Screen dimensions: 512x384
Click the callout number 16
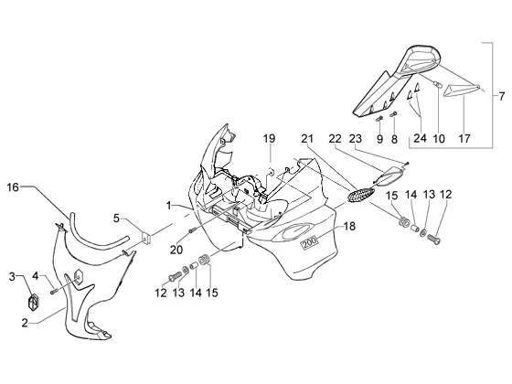[13, 187]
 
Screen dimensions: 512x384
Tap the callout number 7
[502, 97]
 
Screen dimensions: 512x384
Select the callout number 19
[270, 138]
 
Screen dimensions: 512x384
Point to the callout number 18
[349, 226]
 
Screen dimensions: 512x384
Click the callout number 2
[25, 324]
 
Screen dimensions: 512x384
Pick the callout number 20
[176, 250]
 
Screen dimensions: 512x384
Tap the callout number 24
[420, 138]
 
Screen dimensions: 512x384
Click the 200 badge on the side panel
[309, 242]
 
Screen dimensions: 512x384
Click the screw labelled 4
[54, 292]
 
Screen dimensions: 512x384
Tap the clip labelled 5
[146, 238]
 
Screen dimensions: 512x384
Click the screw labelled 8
[393, 114]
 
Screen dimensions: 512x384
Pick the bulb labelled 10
[436, 84]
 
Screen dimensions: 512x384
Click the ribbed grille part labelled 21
[360, 194]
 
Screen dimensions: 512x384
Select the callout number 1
[168, 206]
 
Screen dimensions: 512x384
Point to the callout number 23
[356, 138]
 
